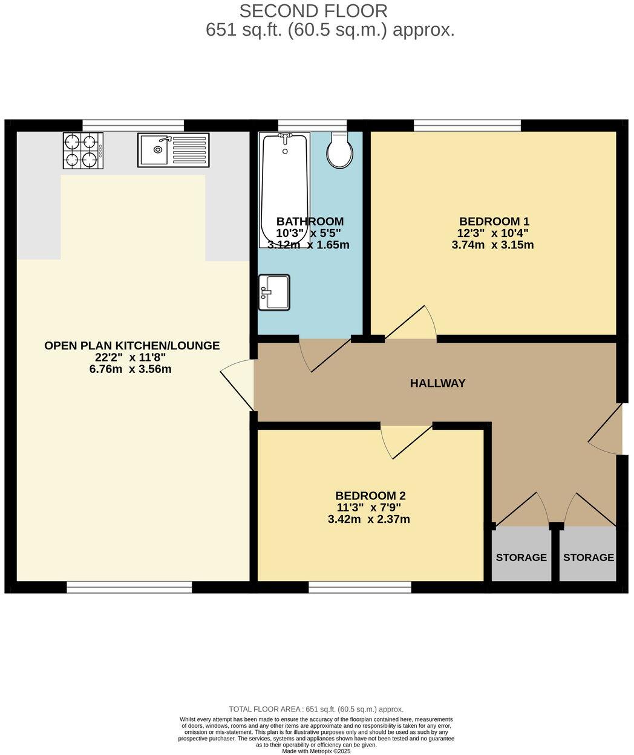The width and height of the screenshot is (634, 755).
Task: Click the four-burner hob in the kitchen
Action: tap(83, 150)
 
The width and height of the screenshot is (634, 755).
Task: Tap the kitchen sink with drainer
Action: tap(173, 150)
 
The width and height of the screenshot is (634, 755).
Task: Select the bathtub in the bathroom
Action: tap(283, 189)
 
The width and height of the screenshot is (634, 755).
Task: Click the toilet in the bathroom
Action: tap(340, 151)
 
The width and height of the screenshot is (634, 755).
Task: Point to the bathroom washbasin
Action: tap(274, 292)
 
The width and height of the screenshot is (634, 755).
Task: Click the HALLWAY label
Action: tap(437, 383)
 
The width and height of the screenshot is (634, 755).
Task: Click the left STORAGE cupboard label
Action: tap(521, 557)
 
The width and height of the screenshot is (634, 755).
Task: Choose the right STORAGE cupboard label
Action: tap(588, 557)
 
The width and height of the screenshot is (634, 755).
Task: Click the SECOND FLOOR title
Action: tap(313, 11)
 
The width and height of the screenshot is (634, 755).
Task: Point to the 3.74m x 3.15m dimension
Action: tap(492, 245)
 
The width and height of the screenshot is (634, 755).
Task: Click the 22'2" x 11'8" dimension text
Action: tap(130, 357)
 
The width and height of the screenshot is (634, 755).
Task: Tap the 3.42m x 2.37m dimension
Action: tap(368, 519)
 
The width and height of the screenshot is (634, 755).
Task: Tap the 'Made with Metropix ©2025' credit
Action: tap(316, 751)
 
